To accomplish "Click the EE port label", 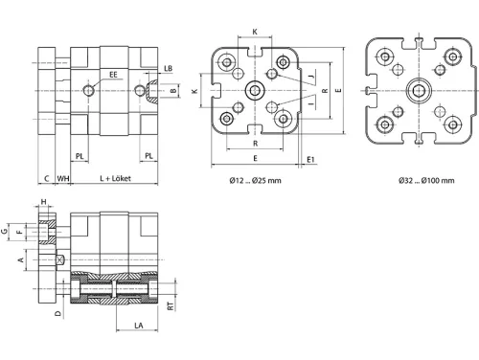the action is click(113, 75).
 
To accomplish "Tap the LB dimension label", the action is click(169, 69).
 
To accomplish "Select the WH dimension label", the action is click(63, 178).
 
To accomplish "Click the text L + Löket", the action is click(115, 178).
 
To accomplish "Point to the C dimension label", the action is click(47, 178).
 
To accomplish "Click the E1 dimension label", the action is click(310, 159).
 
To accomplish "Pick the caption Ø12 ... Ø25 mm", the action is click(255, 181).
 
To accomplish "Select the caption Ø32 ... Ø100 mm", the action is click(426, 181).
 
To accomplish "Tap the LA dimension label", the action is click(139, 326).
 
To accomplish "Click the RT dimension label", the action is click(171, 306).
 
